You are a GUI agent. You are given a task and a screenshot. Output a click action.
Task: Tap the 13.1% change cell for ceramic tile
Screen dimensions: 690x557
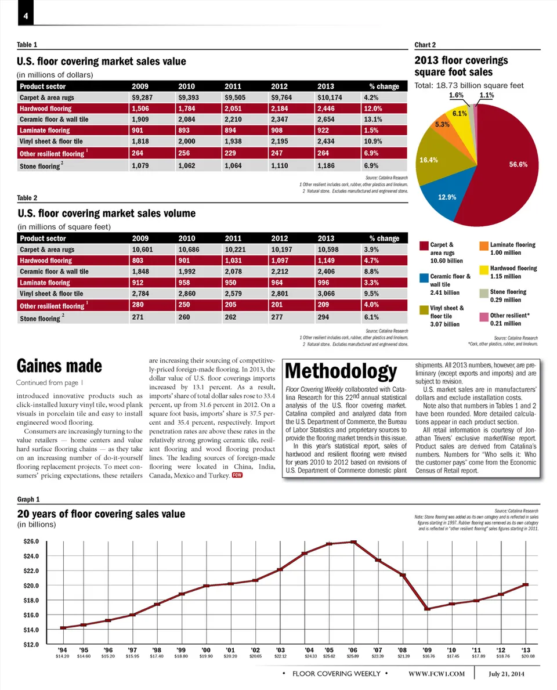coord(376,120)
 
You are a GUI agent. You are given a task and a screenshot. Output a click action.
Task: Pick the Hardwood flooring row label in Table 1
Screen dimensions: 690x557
coord(46,109)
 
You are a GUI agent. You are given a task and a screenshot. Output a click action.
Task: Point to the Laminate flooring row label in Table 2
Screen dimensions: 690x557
coord(45,283)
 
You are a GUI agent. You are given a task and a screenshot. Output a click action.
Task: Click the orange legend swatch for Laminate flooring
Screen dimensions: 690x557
coord(484,246)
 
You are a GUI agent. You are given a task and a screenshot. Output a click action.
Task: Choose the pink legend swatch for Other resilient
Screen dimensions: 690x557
coord(484,317)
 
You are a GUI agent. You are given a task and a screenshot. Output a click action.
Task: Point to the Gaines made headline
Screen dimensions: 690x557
coord(60,366)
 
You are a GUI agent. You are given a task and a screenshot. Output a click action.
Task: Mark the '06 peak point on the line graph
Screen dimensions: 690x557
coord(353,542)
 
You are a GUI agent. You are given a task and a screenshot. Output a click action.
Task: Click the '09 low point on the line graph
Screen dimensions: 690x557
coord(427,609)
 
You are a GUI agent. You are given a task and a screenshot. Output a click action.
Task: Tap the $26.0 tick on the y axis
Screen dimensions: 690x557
coord(31,541)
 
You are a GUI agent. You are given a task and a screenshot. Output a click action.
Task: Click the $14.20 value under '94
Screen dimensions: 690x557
coord(62,656)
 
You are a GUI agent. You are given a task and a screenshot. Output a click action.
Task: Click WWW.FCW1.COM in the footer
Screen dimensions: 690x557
coord(437,674)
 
